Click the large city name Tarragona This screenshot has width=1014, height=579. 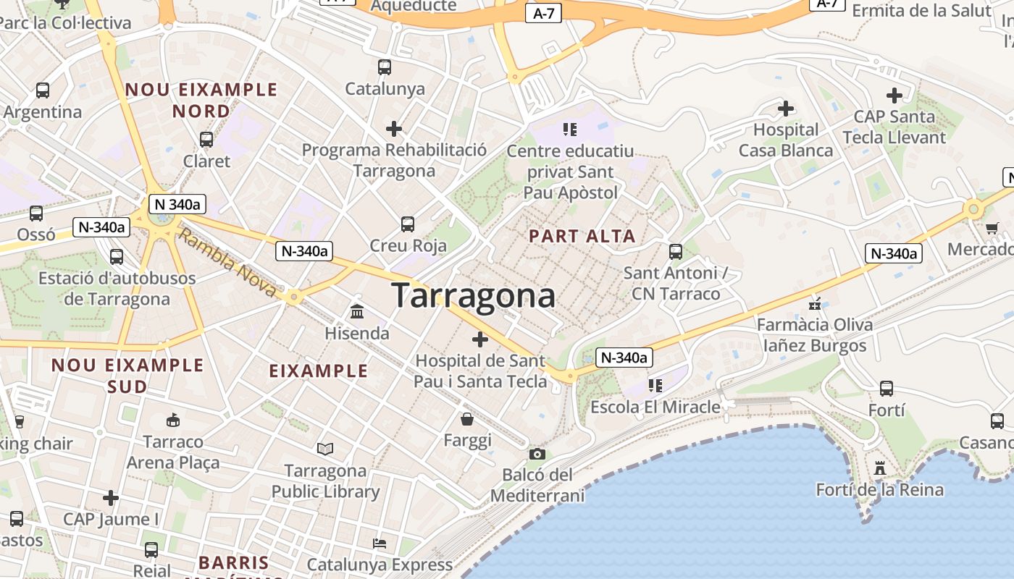click(474, 295)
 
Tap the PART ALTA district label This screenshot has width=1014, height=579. click(582, 236)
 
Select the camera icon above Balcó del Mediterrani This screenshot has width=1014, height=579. click(537, 454)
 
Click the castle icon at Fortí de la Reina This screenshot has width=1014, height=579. click(880, 468)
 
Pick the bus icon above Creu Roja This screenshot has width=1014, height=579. click(408, 224)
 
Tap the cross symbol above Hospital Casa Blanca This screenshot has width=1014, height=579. click(786, 109)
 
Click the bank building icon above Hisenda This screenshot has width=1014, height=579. click(357, 311)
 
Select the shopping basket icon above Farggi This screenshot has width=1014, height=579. click(468, 419)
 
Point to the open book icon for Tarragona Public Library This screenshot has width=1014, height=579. click(325, 449)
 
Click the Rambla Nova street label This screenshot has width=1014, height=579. click(227, 262)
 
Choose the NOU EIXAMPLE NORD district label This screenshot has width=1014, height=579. click(201, 100)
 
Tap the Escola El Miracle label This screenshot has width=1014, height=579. click(655, 407)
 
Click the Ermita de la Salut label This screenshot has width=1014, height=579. click(921, 10)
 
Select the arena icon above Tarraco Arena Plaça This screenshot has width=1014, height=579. click(173, 420)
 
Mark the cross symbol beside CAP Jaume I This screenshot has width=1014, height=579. click(110, 498)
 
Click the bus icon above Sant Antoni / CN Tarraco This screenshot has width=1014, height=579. click(676, 251)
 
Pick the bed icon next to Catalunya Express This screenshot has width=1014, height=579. click(380, 543)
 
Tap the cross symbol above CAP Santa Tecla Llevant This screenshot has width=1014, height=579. click(894, 96)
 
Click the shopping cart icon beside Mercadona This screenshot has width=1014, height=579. click(992, 228)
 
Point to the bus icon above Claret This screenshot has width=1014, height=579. click(206, 140)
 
